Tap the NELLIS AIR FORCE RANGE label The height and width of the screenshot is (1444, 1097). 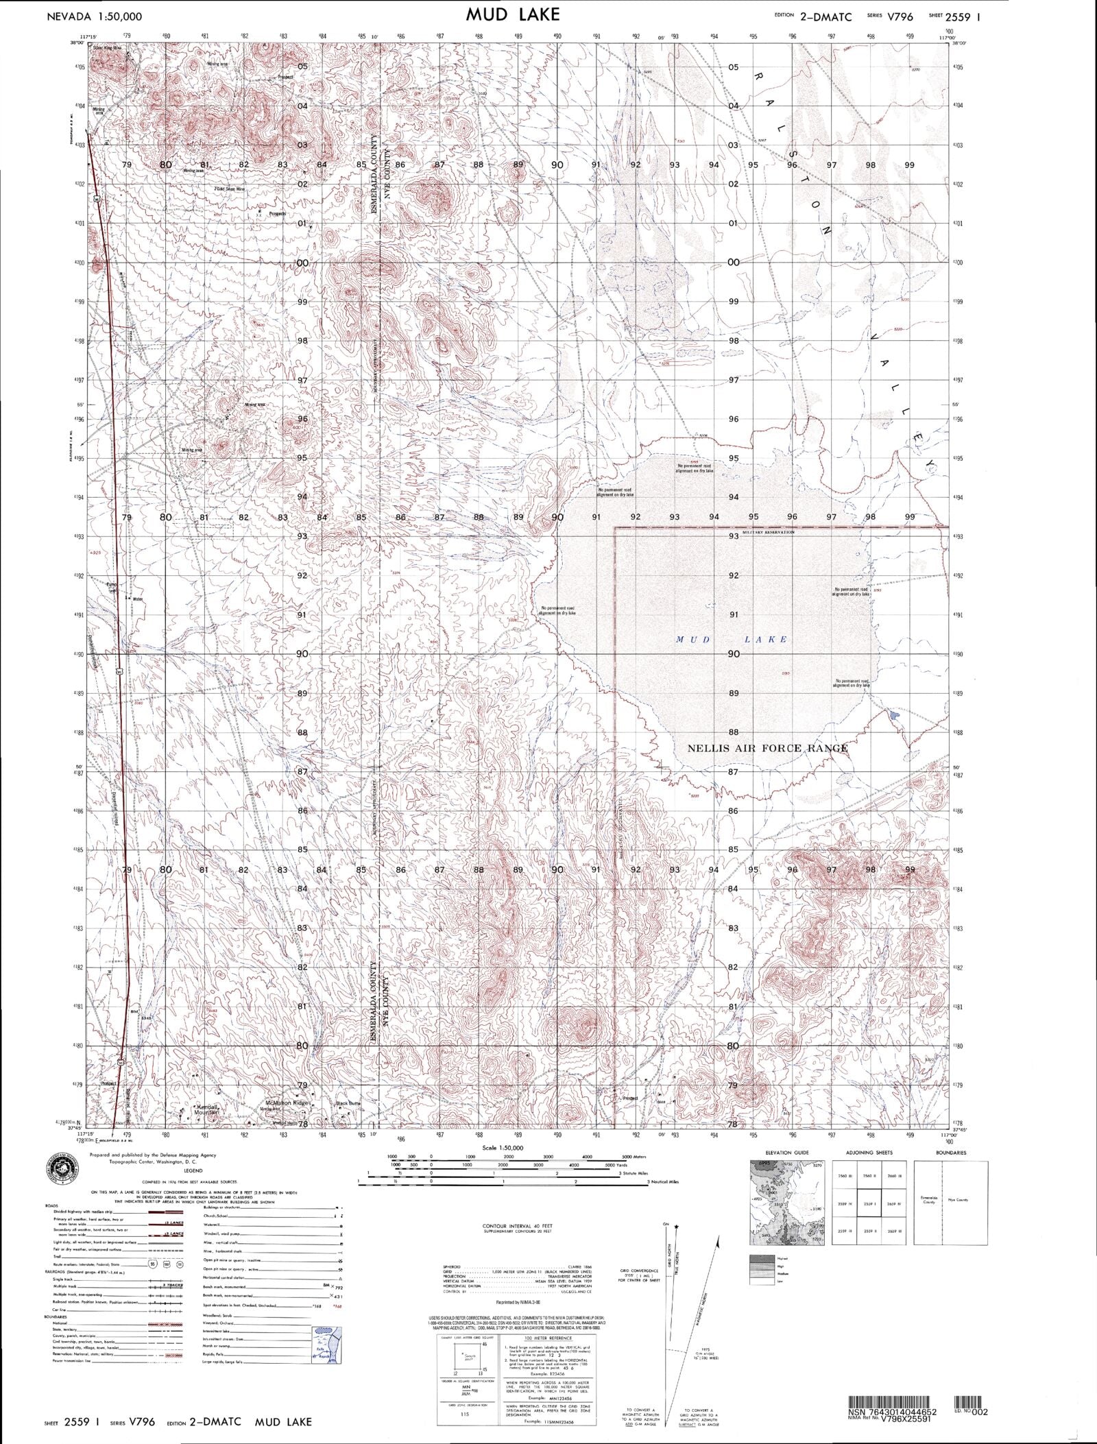pyautogui.click(x=767, y=748)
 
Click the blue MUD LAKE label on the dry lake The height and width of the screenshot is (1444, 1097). pyautogui.click(x=732, y=639)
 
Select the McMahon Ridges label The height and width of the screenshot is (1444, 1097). pyautogui.click(x=288, y=1103)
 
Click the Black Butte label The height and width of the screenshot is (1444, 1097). pyautogui.click(x=348, y=1103)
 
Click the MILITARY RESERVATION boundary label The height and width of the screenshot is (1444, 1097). pyautogui.click(x=767, y=532)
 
